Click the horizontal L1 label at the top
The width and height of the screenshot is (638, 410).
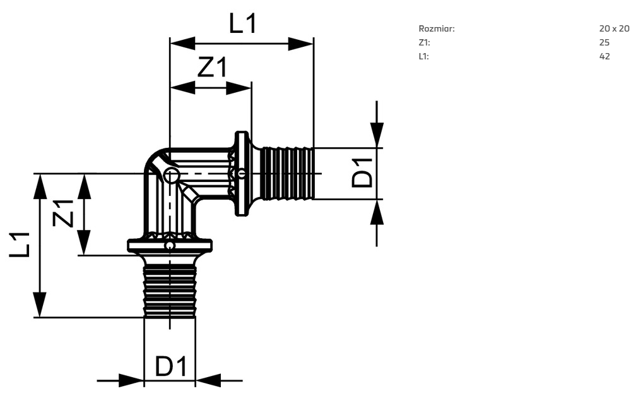[x=243, y=23]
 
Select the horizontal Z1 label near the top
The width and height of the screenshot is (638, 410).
[x=212, y=67]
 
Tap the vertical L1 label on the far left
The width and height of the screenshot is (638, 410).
[x=20, y=244]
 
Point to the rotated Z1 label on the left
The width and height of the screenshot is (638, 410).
[x=63, y=214]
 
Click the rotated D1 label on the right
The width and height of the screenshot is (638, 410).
[x=362, y=173]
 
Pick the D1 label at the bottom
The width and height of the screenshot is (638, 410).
[x=171, y=366]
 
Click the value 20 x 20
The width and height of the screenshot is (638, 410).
[x=614, y=28]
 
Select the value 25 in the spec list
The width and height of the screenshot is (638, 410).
[x=604, y=42]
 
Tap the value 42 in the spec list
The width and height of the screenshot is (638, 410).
[x=604, y=56]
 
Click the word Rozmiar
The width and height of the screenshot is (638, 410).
[x=437, y=28]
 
